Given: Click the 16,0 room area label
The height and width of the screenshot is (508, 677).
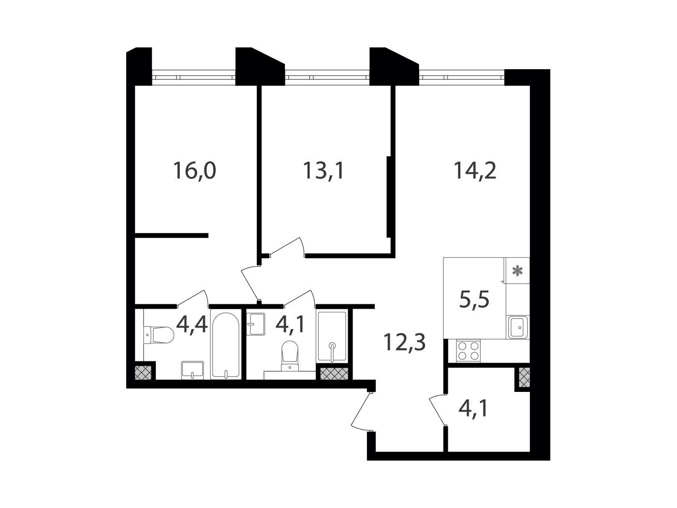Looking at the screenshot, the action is coord(194,171).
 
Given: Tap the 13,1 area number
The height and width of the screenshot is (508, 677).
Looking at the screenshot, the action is coord(323,171).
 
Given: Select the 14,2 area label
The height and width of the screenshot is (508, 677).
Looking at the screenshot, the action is coord(475,171).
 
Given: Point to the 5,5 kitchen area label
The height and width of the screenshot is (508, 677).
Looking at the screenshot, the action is coord(474,299).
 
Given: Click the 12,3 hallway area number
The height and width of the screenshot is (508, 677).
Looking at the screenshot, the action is coord(404,343).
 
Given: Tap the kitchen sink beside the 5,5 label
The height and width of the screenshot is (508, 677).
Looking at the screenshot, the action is coord(517,327).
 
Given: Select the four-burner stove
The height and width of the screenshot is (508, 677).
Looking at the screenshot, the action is coord(468,351).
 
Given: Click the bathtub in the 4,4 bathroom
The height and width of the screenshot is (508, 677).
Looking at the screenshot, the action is coord(225,346).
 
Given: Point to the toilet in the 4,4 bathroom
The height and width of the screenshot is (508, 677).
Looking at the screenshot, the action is coord(159,335).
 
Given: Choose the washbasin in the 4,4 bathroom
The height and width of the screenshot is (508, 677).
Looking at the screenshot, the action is coord(192,370).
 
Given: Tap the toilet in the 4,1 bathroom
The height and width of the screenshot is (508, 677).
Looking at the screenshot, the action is coord(290,355).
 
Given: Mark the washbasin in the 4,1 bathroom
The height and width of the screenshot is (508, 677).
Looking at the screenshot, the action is coord(256,324).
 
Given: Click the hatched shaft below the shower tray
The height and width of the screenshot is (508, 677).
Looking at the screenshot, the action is coord(334,374).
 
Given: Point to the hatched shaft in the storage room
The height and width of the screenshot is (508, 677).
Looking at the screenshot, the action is coord(524,377).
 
